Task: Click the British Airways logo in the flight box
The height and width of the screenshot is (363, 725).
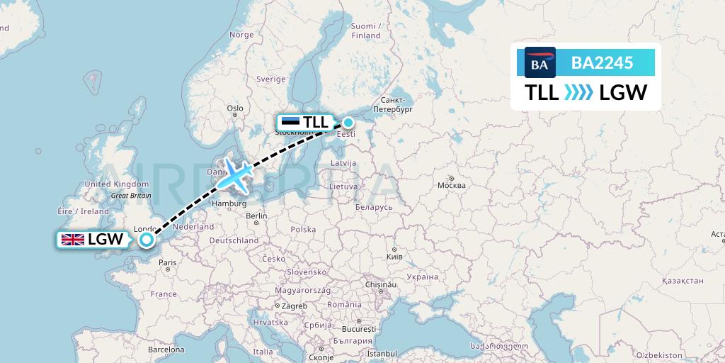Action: [540, 63]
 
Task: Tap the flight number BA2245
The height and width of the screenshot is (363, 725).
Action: [602, 63]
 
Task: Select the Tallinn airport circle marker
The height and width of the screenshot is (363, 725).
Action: [348, 122]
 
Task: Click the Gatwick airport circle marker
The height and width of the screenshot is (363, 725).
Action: [146, 240]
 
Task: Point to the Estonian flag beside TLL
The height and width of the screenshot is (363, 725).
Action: [290, 122]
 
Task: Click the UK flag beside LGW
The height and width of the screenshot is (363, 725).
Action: [73, 240]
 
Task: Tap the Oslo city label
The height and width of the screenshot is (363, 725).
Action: [235, 108]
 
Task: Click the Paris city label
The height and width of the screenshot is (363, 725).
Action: [168, 262]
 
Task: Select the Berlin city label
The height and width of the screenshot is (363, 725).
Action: [256, 216]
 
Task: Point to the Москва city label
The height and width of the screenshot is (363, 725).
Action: [452, 185]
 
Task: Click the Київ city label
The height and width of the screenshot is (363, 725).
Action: [395, 256]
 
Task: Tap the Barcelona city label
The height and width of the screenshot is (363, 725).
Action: [166, 350]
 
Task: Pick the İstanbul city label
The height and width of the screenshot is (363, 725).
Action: [382, 352]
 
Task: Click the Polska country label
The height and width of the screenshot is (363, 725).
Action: [303, 230]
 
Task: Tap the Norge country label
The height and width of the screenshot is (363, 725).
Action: [241, 35]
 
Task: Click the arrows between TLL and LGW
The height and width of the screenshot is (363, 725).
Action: [579, 92]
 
